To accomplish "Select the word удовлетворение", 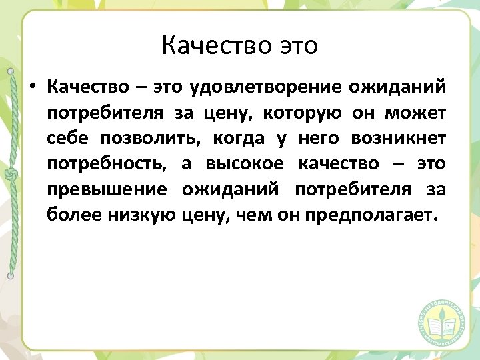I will click(265, 87).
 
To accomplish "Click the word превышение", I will click(107, 189).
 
